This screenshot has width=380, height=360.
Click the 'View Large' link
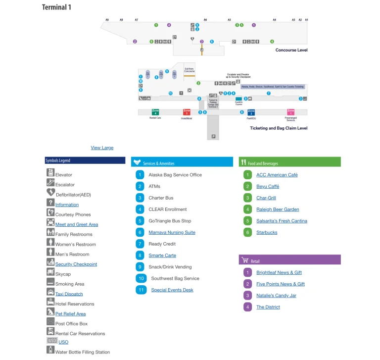pyautogui.click(x=102, y=148)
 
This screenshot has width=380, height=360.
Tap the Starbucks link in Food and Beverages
pyautogui.click(x=267, y=232)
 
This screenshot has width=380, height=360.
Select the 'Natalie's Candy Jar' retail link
pyautogui.click(x=276, y=296)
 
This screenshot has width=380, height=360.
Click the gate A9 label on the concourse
pyautogui.click(x=107, y=20)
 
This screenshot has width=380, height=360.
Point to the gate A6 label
pyautogui.click(x=205, y=20)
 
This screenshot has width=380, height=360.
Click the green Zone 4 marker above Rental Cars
pyautogui.click(x=155, y=112)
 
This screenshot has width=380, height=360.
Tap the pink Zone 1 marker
pyautogui.click(x=291, y=112)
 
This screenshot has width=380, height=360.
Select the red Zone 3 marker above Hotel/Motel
pyautogui.click(x=187, y=112)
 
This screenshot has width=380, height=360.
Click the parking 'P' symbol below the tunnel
pyautogui.click(x=213, y=136)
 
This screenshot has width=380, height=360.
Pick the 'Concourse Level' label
pyautogui.click(x=291, y=50)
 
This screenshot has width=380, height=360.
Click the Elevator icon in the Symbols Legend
pyautogui.click(x=50, y=173)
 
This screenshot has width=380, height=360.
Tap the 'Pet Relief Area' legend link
pyautogui.click(x=70, y=314)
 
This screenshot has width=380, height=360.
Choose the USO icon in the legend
pyautogui.click(x=51, y=341)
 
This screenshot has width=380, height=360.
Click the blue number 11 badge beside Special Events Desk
pyautogui.click(x=141, y=290)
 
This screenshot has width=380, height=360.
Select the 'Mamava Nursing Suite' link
pyautogui.click(x=172, y=232)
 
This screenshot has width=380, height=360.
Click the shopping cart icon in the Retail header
pyautogui.click(x=244, y=260)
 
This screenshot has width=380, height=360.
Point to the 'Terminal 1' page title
pyautogui.click(x=56, y=7)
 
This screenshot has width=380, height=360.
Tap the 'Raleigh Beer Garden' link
pyautogui.click(x=278, y=209)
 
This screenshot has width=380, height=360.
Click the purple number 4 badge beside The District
pyautogui.click(x=247, y=307)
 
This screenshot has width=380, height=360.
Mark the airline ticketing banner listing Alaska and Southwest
pyautogui.click(x=273, y=86)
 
